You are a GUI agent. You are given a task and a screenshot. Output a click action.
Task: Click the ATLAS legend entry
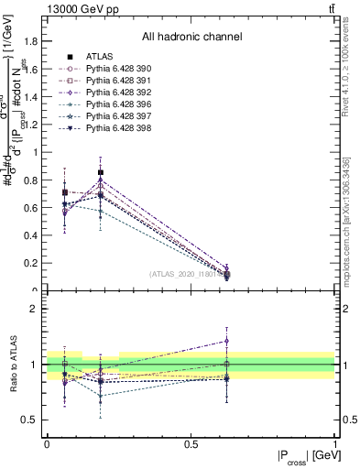coord(99,57)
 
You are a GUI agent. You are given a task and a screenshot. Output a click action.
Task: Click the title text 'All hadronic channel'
coord(191,38)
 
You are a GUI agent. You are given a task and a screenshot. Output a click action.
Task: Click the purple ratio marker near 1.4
coord(226,341)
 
